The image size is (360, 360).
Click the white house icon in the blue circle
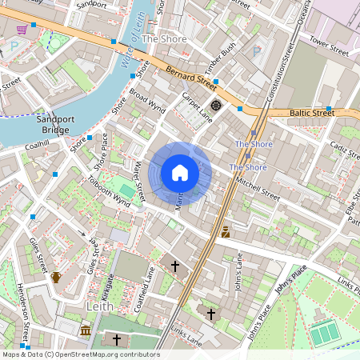pyautogui.click(x=180, y=172)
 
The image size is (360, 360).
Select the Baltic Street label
pyautogui.click(x=313, y=114)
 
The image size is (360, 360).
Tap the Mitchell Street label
pyautogui.click(x=258, y=189)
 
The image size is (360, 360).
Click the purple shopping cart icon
pyautogui.click(x=22, y=30)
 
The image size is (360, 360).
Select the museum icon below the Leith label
pyautogui.click(x=86, y=330)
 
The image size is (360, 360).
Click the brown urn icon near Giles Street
pyautogui.click(x=56, y=278)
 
